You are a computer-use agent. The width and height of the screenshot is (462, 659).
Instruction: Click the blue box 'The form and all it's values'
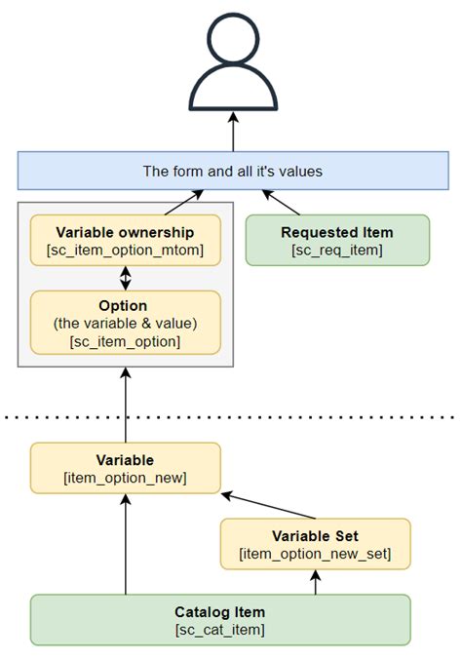232,171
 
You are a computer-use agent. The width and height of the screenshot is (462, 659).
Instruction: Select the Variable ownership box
125,240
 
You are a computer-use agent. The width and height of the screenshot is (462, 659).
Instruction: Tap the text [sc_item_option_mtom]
125,250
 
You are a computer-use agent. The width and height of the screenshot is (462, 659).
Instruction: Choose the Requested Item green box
337,240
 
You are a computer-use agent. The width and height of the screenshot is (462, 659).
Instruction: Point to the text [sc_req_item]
337,251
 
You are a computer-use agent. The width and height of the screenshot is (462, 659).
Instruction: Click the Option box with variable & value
125,322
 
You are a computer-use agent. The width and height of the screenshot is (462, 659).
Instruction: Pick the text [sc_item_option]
125,340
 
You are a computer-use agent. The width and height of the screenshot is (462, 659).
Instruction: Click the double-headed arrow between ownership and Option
125,277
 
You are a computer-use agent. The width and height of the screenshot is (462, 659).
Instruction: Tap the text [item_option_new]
125,477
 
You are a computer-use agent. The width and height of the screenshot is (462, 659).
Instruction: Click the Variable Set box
315,544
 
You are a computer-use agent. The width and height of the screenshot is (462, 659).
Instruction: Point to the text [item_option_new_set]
315,555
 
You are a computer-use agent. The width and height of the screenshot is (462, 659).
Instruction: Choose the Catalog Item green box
220,619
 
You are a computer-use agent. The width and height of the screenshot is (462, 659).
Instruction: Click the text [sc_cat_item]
220,630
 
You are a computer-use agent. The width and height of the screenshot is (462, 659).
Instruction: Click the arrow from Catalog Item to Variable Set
315,582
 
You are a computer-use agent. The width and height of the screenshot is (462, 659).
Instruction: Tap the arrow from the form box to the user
232,132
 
